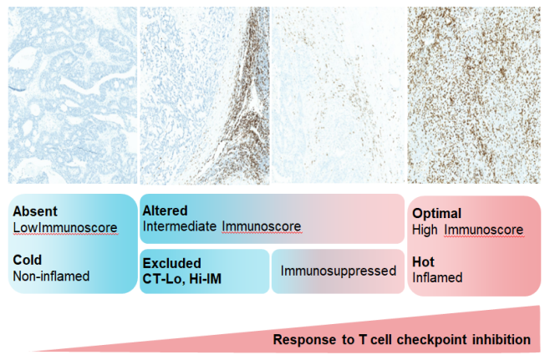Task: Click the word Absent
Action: pyautogui.click(x=35, y=211)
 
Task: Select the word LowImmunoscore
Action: pyautogui.click(x=65, y=227)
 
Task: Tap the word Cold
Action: pyautogui.click(x=28, y=260)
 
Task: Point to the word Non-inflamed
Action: pyautogui.click(x=51, y=276)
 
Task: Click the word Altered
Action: pyautogui.click(x=165, y=210)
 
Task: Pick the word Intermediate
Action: pyautogui.click(x=180, y=226)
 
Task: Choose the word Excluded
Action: pyautogui.click(x=172, y=263)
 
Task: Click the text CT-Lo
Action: pyautogui.click(x=164, y=279)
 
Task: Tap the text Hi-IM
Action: pyautogui.click(x=206, y=279)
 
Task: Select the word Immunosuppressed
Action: pyautogui.click(x=339, y=271)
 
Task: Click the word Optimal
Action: pyautogui.click(x=436, y=214)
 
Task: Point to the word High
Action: pyautogui.click(x=425, y=230)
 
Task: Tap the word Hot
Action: pyautogui.click(x=424, y=261)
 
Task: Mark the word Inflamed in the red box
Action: pyautogui.click(x=437, y=277)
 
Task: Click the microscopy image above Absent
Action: pyautogui.click(x=73, y=95)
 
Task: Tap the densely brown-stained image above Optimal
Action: pyautogui.click(x=474, y=95)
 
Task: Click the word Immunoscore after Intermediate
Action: pyautogui.click(x=262, y=226)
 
